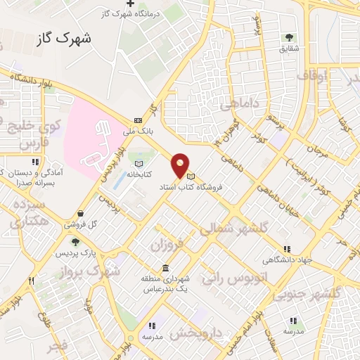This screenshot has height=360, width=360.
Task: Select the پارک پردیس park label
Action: pyautogui.click(x=76, y=252)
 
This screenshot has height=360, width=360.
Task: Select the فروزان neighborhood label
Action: pyautogui.click(x=166, y=243)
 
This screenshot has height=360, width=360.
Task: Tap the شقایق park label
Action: pyautogui.click(x=289, y=49)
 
